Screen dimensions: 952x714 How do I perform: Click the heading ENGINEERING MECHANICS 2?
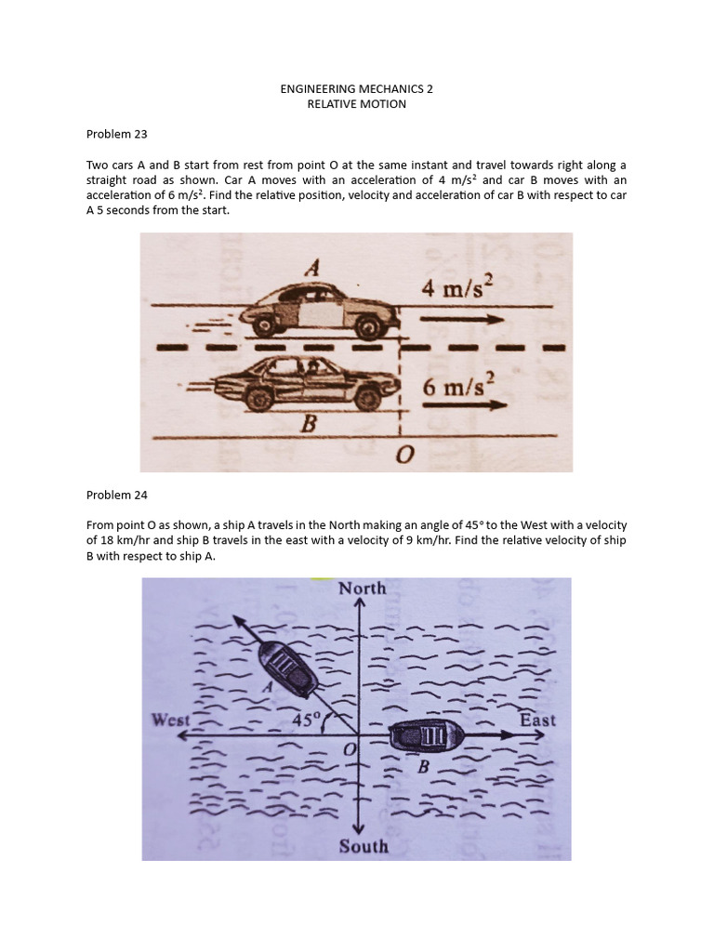pos(357,88)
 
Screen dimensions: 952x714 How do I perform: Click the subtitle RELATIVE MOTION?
pos(357,103)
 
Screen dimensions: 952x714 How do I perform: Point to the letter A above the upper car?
pos(313,267)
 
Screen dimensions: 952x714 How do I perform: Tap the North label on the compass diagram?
pos(363,588)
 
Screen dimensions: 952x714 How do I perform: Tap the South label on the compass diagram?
pos(364,847)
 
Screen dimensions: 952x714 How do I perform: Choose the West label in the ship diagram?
pos(171,720)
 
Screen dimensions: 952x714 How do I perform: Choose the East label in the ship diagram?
pos(538,720)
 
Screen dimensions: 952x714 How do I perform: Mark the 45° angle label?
pos(306,720)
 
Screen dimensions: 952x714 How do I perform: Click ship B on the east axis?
pos(427,736)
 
